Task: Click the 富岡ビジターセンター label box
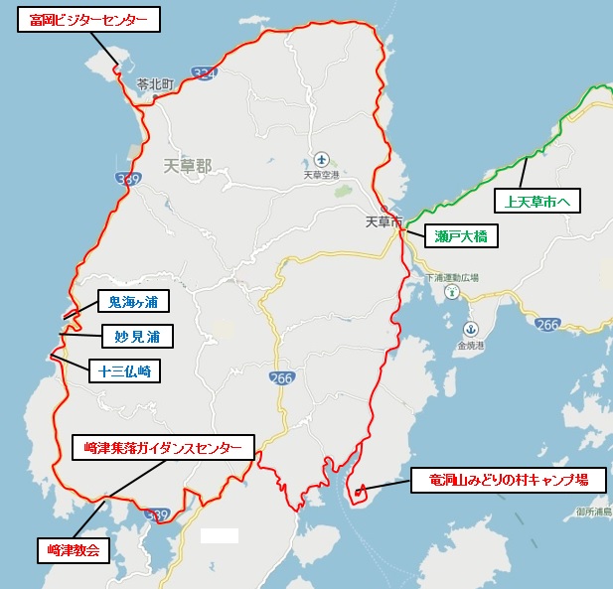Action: (x=88, y=20)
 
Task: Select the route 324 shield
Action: (x=204, y=74)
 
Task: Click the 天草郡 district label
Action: (x=188, y=166)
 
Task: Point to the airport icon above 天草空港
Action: (x=321, y=159)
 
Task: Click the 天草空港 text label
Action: (x=321, y=175)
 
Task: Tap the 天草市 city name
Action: (x=383, y=222)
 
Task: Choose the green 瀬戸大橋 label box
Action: (x=461, y=236)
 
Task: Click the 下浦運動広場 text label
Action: (x=452, y=278)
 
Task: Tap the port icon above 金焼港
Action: (x=471, y=330)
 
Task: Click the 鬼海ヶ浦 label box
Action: (x=133, y=301)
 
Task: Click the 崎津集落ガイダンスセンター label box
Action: (x=163, y=448)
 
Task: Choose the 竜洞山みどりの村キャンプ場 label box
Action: (x=508, y=480)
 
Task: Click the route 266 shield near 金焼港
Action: (x=546, y=325)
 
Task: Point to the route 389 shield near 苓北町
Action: (x=127, y=179)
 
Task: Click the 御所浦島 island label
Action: (x=593, y=513)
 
